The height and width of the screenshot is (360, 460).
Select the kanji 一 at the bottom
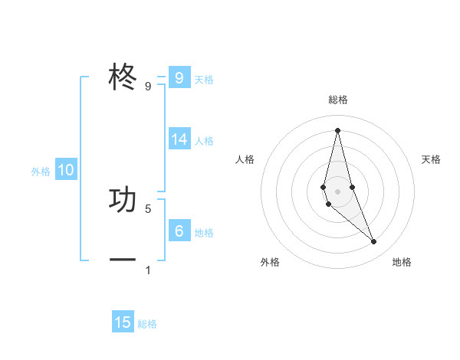(x=123, y=260)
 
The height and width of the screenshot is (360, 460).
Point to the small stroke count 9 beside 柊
(x=148, y=87)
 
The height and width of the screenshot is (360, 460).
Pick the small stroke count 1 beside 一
(x=148, y=270)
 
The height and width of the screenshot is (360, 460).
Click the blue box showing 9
(x=179, y=78)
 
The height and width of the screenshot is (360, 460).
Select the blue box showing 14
(x=179, y=139)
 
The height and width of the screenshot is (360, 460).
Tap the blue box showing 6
(x=179, y=231)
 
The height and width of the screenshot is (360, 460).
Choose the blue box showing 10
(x=66, y=170)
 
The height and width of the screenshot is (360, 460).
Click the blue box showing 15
(x=123, y=322)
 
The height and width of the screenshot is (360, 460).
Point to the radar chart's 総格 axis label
(x=338, y=100)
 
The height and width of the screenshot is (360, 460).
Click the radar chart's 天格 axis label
(x=431, y=159)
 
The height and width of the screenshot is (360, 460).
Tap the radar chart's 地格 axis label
(x=402, y=262)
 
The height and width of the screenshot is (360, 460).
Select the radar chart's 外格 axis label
(x=270, y=262)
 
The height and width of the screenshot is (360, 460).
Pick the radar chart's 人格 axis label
(x=245, y=159)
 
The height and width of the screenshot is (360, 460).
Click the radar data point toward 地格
(x=374, y=242)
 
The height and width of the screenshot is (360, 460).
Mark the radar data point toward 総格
(x=337, y=129)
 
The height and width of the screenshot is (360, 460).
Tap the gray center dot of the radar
(x=337, y=191)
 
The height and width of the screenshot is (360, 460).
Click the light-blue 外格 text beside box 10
(x=41, y=172)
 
